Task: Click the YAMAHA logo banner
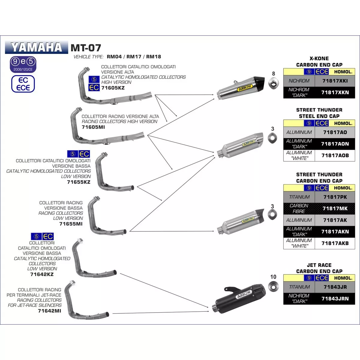tap(36, 47)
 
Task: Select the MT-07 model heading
tap(86, 48)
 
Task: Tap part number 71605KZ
tap(113, 88)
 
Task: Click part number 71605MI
tap(93, 127)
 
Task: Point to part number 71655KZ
tap(79, 182)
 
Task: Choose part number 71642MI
tap(49, 311)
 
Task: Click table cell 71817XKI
tap(335, 81)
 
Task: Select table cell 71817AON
tap(335, 144)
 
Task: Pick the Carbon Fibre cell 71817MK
tap(335, 208)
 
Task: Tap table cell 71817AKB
tap(335, 243)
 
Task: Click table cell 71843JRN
tap(335, 298)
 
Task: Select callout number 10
tap(273, 277)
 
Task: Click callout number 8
tap(273, 73)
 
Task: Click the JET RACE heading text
tap(319, 265)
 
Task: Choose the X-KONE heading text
tap(319, 58)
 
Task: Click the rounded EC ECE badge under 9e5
tap(23, 84)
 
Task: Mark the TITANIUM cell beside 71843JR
tap(299, 287)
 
